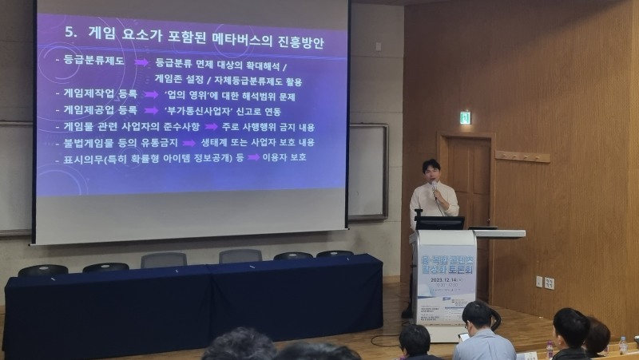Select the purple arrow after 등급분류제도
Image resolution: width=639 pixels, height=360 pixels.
pos(141,62)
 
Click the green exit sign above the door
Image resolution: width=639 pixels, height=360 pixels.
pos(465,118)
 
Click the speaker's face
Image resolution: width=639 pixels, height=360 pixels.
pos(431,172)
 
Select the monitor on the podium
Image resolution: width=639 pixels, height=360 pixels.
pos(439,223)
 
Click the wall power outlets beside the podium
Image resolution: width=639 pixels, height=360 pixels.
pos(544,282)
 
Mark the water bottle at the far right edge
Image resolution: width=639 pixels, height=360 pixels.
pos(623,344)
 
